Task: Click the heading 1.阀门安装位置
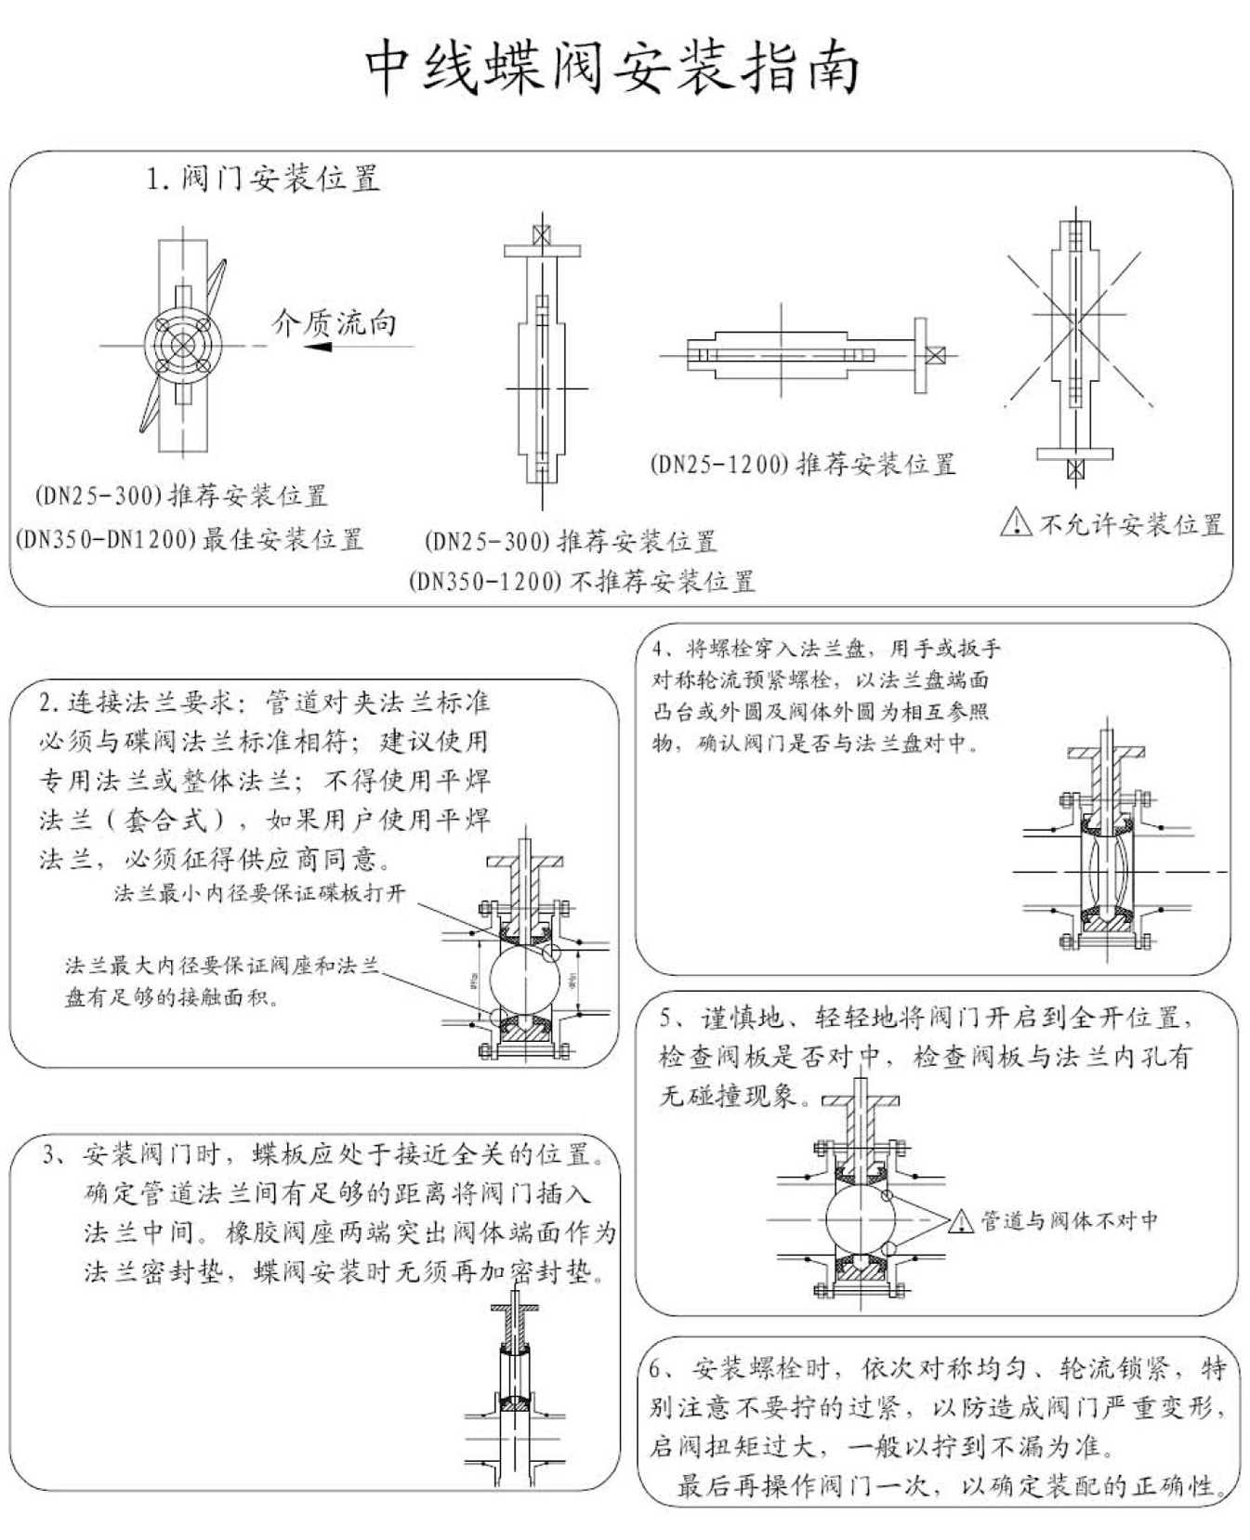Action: click(263, 178)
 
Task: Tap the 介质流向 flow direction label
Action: click(334, 322)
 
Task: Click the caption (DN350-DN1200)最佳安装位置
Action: click(190, 539)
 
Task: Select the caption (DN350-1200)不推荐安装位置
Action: click(581, 582)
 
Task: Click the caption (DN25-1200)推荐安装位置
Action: click(802, 464)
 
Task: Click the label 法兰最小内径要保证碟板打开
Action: click(260, 893)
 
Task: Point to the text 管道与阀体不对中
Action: click(1069, 1220)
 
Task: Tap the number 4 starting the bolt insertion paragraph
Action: click(659, 649)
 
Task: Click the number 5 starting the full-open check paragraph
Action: click(667, 1018)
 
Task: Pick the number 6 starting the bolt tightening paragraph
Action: click(656, 1369)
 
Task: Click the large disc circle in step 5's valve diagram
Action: click(861, 1218)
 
